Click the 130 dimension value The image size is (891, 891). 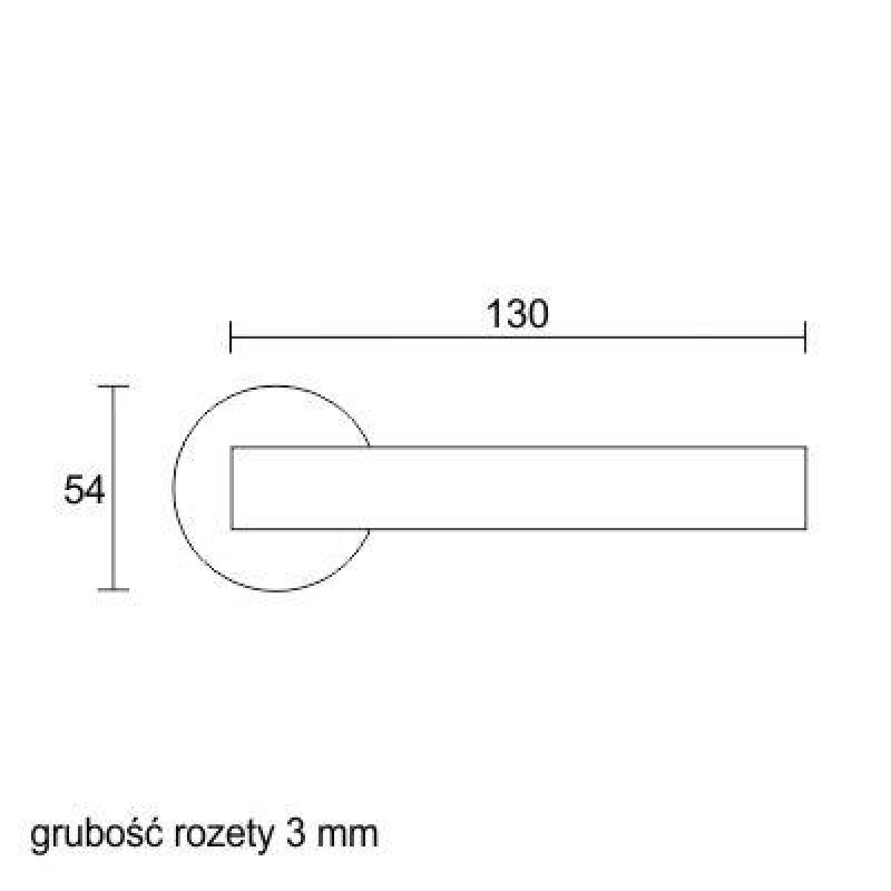[518, 315]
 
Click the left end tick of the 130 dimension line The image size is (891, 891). [230, 337]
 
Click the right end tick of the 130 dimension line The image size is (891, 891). [805, 337]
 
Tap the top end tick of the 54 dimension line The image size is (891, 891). [114, 385]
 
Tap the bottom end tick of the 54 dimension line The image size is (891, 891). [114, 590]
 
